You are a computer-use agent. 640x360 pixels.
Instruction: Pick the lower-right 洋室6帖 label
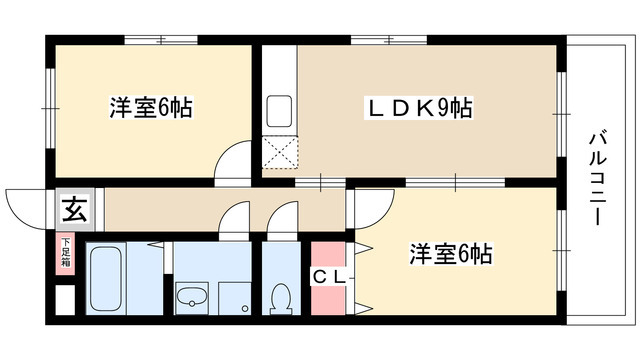click(x=449, y=255)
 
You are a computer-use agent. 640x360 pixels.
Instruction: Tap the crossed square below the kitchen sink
click(x=279, y=151)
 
